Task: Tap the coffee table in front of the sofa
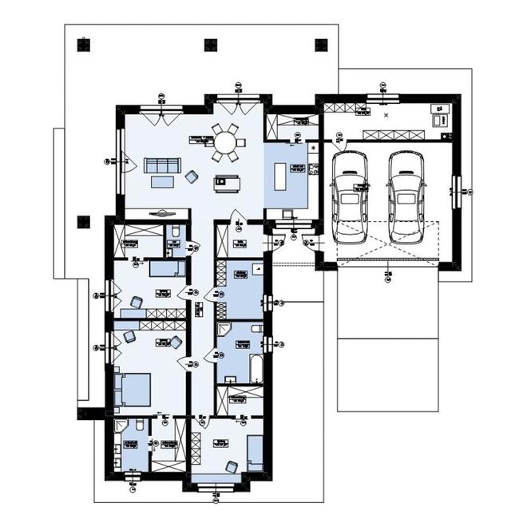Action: [x=162, y=181]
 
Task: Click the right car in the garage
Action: [x=406, y=196]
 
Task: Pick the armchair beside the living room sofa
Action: [x=192, y=176]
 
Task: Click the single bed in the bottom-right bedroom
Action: [x=256, y=451]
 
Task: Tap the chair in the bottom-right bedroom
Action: [x=232, y=466]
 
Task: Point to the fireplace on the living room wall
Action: [x=160, y=213]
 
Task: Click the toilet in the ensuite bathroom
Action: [x=139, y=427]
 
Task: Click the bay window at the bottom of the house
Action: [x=216, y=487]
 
